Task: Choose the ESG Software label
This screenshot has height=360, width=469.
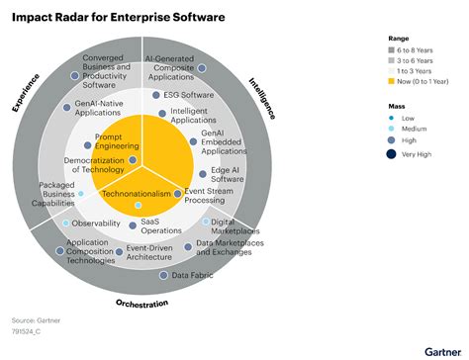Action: tap(184, 96)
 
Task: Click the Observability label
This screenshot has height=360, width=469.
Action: tap(96, 224)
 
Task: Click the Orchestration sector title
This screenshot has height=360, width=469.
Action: tap(141, 303)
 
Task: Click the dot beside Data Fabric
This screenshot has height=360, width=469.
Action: tap(165, 275)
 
